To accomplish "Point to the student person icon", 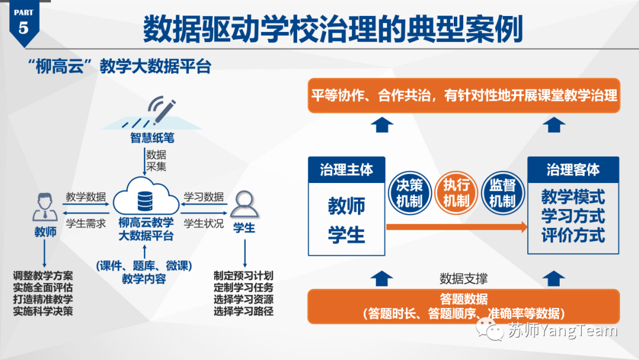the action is pyautogui.click(x=243, y=204).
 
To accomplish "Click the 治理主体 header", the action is pyautogui.click(x=346, y=170).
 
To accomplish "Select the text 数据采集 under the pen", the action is pyautogui.click(x=156, y=160).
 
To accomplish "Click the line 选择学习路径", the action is pyautogui.click(x=243, y=310).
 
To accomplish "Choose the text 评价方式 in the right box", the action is pyautogui.click(x=573, y=235).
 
